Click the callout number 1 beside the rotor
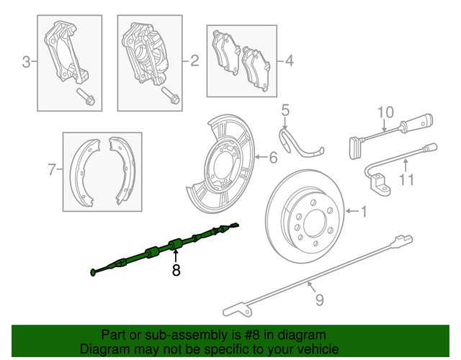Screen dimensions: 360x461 tap(364, 212)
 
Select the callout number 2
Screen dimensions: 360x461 tap(194, 62)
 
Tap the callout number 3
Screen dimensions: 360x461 tap(26, 63)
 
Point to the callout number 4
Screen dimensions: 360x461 tap(289, 61)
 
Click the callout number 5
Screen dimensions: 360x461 tap(285, 110)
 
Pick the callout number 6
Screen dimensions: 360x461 tap(273, 158)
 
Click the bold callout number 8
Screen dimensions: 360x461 tap(175, 271)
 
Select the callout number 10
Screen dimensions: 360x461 tap(385, 112)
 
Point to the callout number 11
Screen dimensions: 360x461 tap(407, 179)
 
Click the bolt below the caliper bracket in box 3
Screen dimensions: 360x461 tap(84, 97)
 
